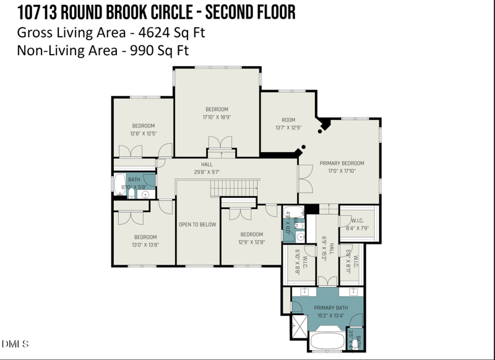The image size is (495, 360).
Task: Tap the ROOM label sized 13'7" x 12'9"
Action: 288,120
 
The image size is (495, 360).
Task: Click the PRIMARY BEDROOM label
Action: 342,163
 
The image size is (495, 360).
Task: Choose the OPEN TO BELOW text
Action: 197,225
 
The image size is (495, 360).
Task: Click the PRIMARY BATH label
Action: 330,307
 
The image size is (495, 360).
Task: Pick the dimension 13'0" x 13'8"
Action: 145,244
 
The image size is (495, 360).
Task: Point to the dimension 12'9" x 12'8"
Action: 252,242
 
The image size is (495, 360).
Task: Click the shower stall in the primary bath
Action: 299,325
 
